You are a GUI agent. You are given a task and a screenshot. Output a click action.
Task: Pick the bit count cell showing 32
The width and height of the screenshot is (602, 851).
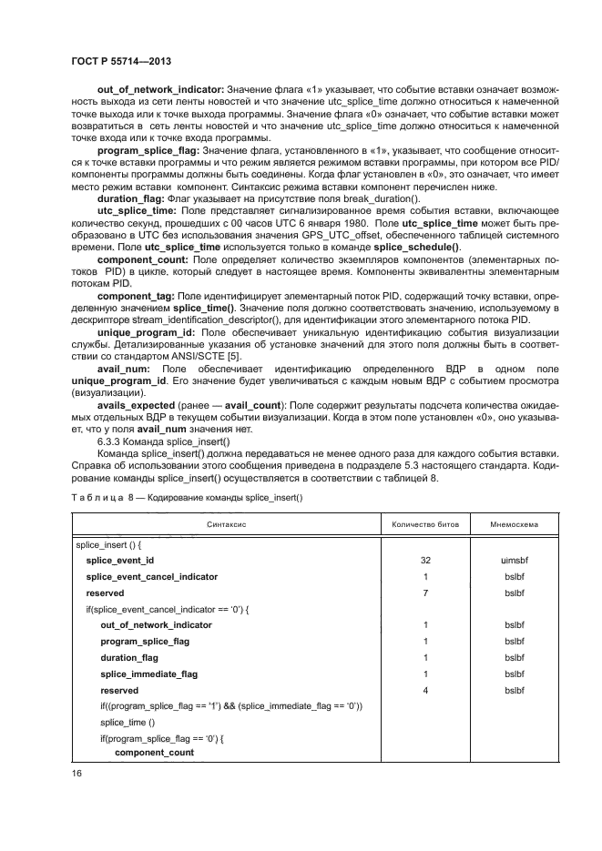pyautogui.click(x=425, y=561)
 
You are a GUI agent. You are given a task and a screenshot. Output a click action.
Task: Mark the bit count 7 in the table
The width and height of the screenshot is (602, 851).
pyautogui.click(x=425, y=593)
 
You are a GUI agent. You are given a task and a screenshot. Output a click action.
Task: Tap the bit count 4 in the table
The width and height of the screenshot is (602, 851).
pyautogui.click(x=425, y=690)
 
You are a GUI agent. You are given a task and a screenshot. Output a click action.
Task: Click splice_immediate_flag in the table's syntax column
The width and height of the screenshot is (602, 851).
pyautogui.click(x=148, y=674)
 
